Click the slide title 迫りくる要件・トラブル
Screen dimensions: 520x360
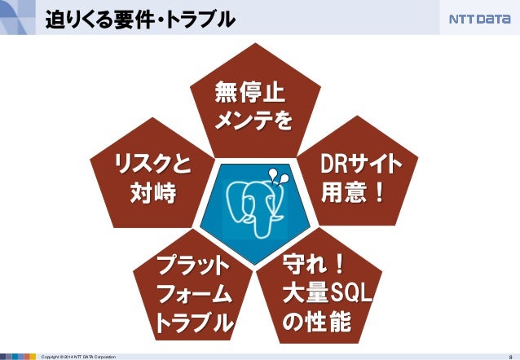pos(139,17)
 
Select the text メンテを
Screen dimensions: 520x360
pos(252,121)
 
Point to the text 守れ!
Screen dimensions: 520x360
pos(314,264)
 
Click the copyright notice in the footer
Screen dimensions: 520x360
pos(78,356)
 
